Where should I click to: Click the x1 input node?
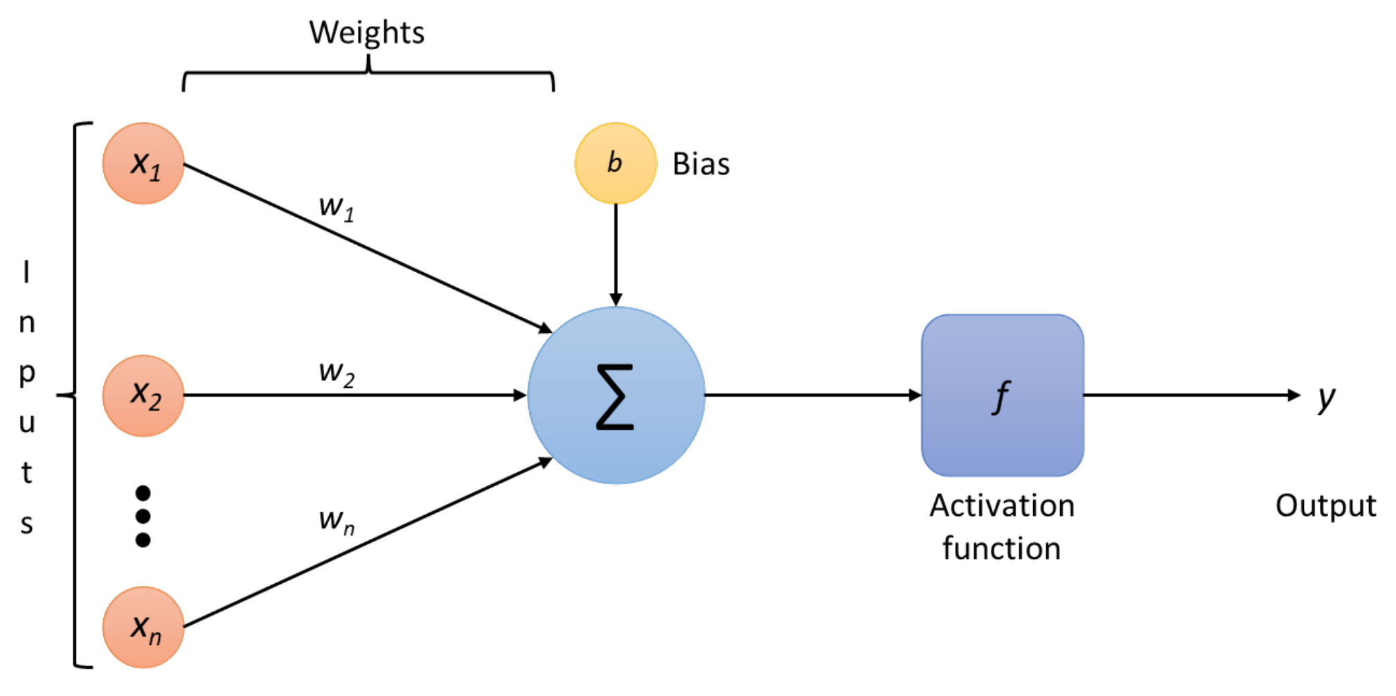click(x=143, y=163)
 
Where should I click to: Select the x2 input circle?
click(x=143, y=395)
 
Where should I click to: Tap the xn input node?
click(x=143, y=627)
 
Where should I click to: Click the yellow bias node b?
click(x=616, y=163)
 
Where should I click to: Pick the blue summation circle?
click(x=616, y=395)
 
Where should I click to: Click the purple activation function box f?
click(x=1002, y=395)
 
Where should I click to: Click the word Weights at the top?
click(x=366, y=33)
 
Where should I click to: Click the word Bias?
click(x=701, y=165)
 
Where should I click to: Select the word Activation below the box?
click(x=1001, y=506)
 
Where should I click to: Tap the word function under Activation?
click(x=1001, y=548)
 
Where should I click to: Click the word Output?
click(x=1325, y=506)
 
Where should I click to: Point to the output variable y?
click(x=1326, y=398)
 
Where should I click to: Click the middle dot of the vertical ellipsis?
click(x=143, y=516)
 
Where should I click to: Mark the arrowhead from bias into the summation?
click(x=616, y=299)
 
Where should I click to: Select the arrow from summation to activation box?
click(x=810, y=395)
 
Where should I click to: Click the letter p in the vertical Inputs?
click(x=26, y=375)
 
